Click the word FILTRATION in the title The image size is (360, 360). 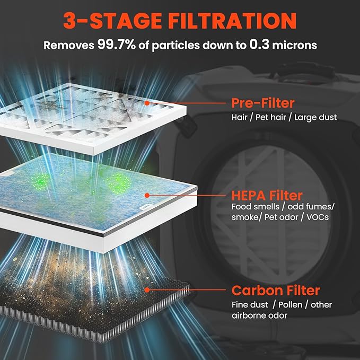[232, 21]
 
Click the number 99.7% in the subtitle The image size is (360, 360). [117, 45]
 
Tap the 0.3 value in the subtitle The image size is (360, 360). [259, 45]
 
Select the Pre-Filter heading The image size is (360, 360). [262, 103]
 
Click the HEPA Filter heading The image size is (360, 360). [267, 196]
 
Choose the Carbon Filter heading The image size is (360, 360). [276, 291]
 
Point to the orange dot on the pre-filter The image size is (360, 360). [147, 103]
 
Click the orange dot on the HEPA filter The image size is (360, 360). [147, 196]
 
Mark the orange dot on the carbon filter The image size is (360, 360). [147, 290]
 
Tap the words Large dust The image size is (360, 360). [315, 117]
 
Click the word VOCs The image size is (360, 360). [318, 217]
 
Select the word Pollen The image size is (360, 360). [290, 305]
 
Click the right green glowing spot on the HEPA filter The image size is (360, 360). [118, 183]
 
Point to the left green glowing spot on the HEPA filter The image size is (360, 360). [41, 181]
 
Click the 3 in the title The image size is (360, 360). [69, 21]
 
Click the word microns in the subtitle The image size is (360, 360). [294, 45]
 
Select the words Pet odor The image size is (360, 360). [281, 217]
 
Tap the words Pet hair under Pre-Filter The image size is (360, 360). [271, 117]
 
